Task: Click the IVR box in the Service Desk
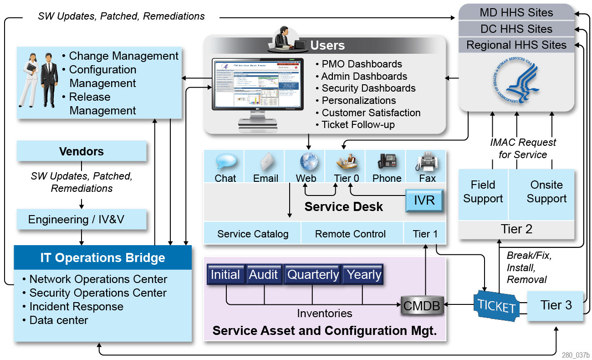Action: (424, 201)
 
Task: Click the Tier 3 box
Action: (556, 305)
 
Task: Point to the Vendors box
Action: (82, 151)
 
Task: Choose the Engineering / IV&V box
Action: (82, 220)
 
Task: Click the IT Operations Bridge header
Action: (103, 258)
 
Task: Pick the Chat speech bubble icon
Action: (226, 162)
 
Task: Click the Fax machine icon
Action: (427, 162)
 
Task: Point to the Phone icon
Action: (387, 162)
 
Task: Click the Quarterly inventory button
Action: (313, 275)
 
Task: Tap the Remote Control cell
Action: (350, 234)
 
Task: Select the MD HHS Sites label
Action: (516, 12)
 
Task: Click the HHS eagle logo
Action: (516, 82)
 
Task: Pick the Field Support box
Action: (483, 192)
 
